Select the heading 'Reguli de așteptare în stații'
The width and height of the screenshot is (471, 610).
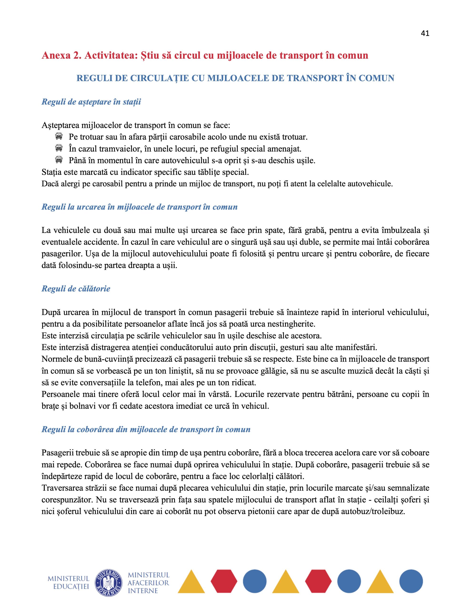pyautogui.click(x=91, y=102)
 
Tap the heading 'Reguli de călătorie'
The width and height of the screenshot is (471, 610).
pyautogui.click(x=76, y=289)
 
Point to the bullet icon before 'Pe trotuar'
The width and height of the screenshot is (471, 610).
pyautogui.click(x=59, y=137)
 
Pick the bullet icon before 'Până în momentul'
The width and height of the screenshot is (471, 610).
pyautogui.click(x=59, y=160)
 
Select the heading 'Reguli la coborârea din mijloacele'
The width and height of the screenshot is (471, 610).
pyautogui.click(x=146, y=429)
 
